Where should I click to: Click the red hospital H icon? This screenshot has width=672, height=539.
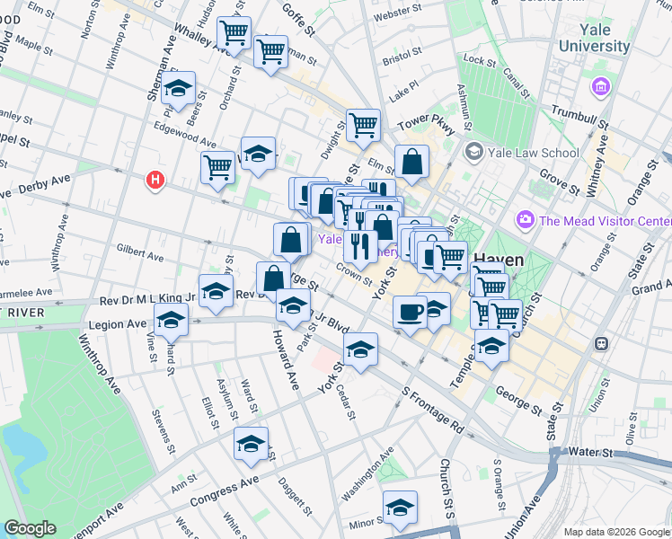[x=156, y=181]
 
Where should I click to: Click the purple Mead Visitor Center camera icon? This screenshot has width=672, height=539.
[x=526, y=219]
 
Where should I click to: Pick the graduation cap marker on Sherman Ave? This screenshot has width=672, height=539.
[x=180, y=88]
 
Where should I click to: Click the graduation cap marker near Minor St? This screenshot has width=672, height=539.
[x=400, y=508]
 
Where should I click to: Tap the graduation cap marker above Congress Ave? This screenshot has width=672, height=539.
[x=252, y=443]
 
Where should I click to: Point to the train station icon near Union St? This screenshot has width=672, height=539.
[x=601, y=343]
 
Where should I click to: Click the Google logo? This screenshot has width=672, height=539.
[x=30, y=528]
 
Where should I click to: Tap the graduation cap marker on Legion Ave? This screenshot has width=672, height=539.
[x=171, y=320]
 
